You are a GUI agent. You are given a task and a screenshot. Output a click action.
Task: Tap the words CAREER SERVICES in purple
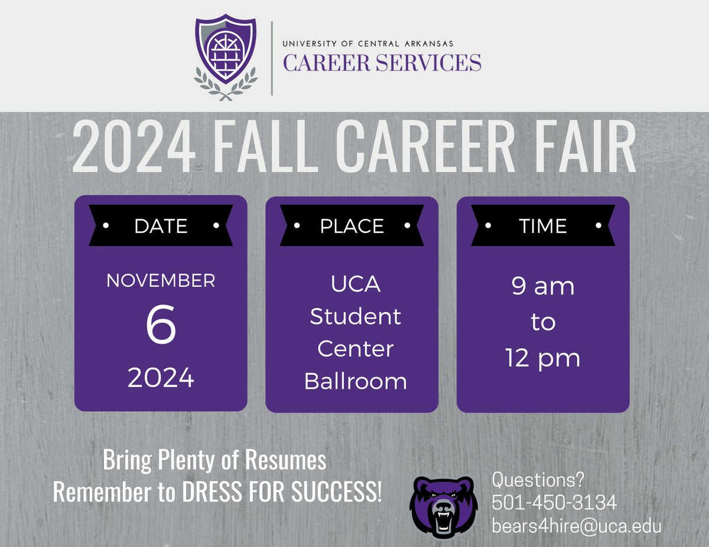[382, 62]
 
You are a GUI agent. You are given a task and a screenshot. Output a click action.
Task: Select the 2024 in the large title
[133, 149]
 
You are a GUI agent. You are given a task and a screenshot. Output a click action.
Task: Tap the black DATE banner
[161, 225]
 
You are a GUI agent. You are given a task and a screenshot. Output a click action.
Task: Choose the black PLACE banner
[352, 225]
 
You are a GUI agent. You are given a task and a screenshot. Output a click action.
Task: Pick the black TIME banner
[543, 225]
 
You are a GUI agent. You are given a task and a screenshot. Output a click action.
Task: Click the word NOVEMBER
[161, 280]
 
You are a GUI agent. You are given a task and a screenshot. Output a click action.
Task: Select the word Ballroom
[355, 381]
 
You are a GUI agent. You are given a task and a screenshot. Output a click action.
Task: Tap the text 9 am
[543, 287]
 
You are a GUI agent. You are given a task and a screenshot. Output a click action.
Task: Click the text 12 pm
[543, 358]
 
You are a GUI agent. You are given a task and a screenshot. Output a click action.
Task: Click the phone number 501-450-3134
[554, 503]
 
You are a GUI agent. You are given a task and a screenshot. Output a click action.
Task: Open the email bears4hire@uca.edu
[577, 526]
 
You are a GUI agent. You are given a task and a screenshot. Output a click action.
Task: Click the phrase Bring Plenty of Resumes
[214, 461]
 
